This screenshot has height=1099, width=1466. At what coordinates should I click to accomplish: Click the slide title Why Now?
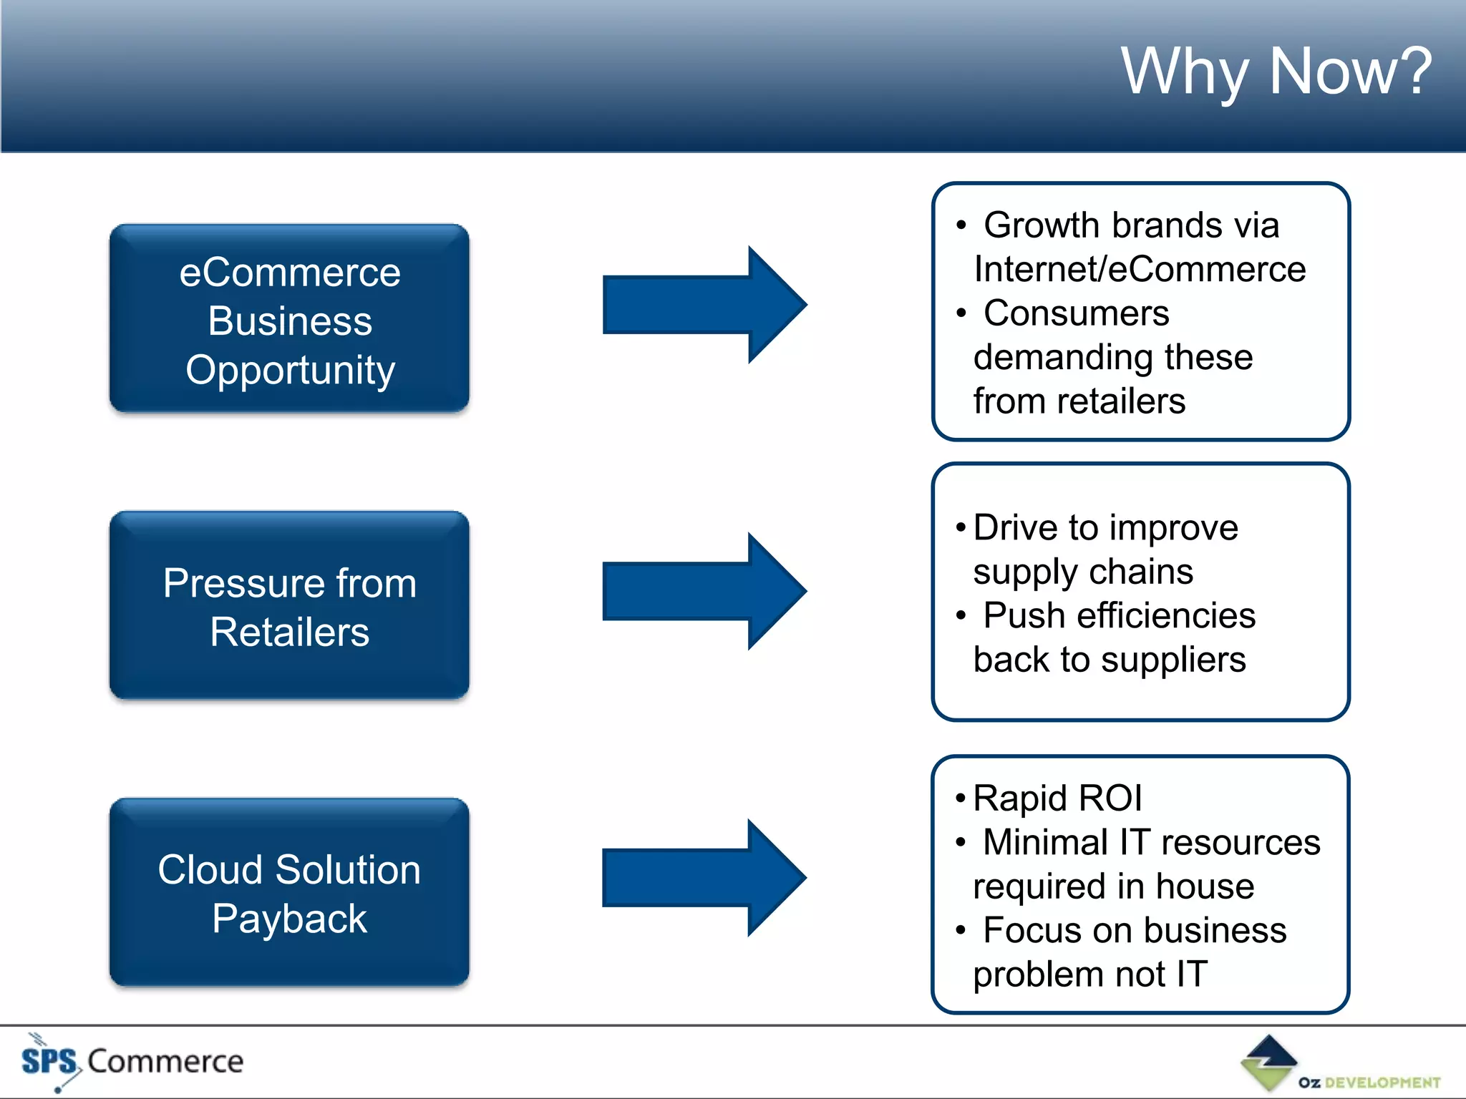(x=1276, y=71)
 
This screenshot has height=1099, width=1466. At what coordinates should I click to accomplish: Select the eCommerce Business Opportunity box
(x=289, y=319)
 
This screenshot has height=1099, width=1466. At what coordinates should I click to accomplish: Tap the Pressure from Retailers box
(x=289, y=605)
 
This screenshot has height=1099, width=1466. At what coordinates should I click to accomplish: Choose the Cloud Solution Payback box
(x=289, y=892)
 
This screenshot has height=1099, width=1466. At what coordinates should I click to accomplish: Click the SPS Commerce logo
(x=132, y=1061)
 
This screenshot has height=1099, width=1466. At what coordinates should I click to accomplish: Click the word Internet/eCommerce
(x=1140, y=270)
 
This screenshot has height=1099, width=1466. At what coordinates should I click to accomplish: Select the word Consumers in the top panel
(x=1076, y=313)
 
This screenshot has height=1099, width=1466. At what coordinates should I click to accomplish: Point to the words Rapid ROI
(x=1057, y=798)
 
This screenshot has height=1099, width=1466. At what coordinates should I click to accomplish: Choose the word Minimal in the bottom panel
(x=1046, y=842)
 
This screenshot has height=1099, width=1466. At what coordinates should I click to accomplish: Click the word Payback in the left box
(x=289, y=919)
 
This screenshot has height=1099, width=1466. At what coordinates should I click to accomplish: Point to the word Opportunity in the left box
(x=290, y=371)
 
